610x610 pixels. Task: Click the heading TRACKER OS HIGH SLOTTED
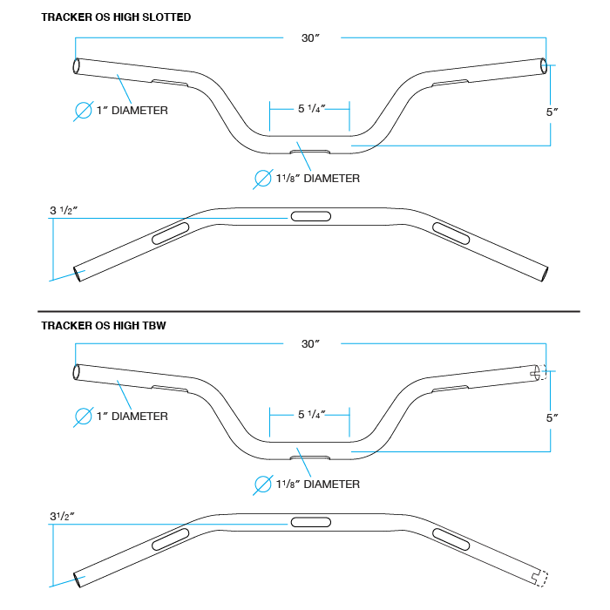(116, 17)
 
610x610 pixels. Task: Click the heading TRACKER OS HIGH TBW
(103, 325)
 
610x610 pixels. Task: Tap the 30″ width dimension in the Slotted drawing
(309, 37)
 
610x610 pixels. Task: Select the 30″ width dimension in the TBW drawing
(309, 343)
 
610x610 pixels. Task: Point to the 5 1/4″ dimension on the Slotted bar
(310, 109)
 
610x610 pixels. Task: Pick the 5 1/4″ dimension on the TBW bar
(310, 415)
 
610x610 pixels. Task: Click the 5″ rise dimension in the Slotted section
(551, 112)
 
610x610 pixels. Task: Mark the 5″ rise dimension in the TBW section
(551, 417)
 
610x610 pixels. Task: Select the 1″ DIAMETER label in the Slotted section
(133, 111)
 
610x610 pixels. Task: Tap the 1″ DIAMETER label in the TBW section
(133, 417)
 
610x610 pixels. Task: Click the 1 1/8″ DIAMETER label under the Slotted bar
(317, 179)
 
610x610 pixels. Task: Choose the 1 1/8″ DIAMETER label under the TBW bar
(317, 484)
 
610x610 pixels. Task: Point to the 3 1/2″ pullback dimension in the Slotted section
(65, 210)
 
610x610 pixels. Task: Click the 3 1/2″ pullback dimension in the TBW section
(63, 516)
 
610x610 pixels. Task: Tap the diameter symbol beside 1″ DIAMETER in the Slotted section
(83, 111)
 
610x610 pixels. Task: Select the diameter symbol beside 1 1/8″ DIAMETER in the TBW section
(262, 484)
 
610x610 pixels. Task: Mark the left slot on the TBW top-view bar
(171, 538)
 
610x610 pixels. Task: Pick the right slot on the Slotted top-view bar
(451, 232)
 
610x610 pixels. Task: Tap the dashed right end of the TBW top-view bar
(539, 577)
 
